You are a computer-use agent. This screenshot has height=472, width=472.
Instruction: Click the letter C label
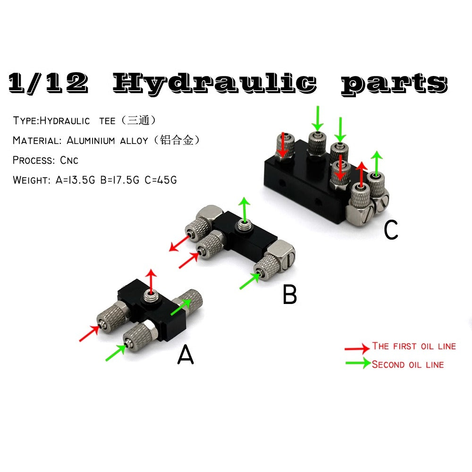click(x=391, y=230)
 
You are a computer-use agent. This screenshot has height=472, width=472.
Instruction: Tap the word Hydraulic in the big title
click(x=215, y=83)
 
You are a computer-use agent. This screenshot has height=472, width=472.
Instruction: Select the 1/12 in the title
click(x=48, y=82)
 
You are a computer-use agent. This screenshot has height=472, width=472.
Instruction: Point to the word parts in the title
click(x=394, y=84)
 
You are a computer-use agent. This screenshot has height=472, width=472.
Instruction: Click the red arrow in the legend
click(x=357, y=348)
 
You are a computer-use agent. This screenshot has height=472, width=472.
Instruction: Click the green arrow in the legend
click(x=358, y=363)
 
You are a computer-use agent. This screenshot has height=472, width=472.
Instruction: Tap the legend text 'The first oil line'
click(x=414, y=346)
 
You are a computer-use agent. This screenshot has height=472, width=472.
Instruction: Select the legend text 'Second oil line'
click(x=408, y=364)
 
